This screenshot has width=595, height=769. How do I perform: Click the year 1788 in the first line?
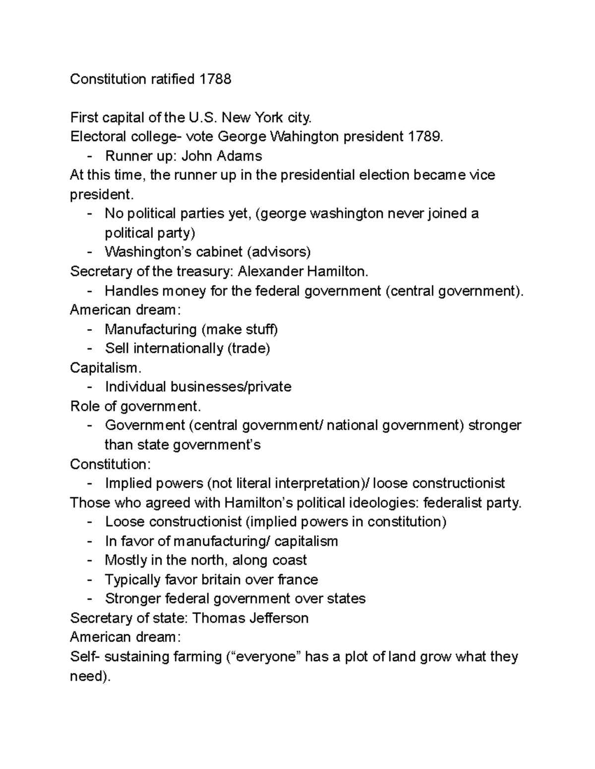[x=215, y=79]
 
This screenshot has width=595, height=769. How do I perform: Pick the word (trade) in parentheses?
[x=248, y=349]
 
